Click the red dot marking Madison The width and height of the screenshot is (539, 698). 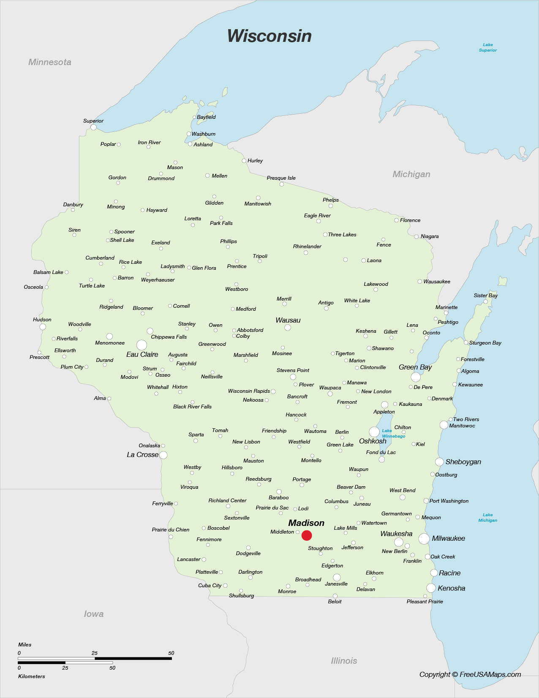(307, 535)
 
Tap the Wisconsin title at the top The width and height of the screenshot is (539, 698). (269, 36)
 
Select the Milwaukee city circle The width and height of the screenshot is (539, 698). (424, 539)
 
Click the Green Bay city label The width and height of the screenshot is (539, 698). (415, 367)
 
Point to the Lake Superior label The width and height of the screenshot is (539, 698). (487, 47)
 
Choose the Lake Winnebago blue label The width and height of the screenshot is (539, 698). (393, 433)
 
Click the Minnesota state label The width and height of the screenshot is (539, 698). (50, 62)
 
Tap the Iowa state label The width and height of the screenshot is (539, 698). (94, 614)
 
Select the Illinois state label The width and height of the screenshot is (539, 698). (344, 661)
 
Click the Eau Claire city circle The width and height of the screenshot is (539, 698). (142, 345)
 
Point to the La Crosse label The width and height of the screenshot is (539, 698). (142, 455)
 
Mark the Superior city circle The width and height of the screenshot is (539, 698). (93, 127)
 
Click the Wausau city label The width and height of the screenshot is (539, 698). (288, 320)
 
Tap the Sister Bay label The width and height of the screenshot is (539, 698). (485, 296)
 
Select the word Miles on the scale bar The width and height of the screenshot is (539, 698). (25, 645)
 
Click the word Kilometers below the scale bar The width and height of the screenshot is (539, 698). (32, 676)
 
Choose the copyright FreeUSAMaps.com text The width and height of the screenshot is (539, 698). (470, 675)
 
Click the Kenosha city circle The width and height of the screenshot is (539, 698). (431, 588)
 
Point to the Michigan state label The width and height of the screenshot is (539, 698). (411, 174)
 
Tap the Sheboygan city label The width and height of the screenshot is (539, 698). (463, 462)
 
